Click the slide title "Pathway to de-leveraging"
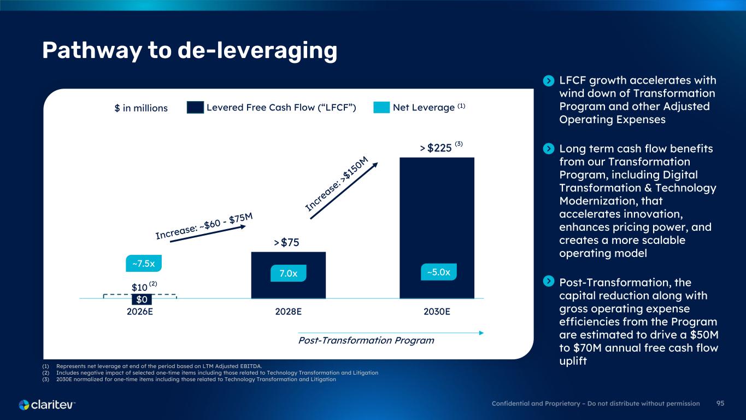coord(190,51)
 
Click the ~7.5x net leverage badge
coord(144,264)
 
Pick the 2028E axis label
coord(288,312)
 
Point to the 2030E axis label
coord(437,312)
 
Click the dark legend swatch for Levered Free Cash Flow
coord(195,108)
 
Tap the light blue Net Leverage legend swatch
coord(381,108)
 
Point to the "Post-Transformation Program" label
coord(366,341)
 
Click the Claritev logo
coord(47,405)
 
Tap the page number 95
coord(720,404)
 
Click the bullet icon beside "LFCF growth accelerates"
coord(549,81)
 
